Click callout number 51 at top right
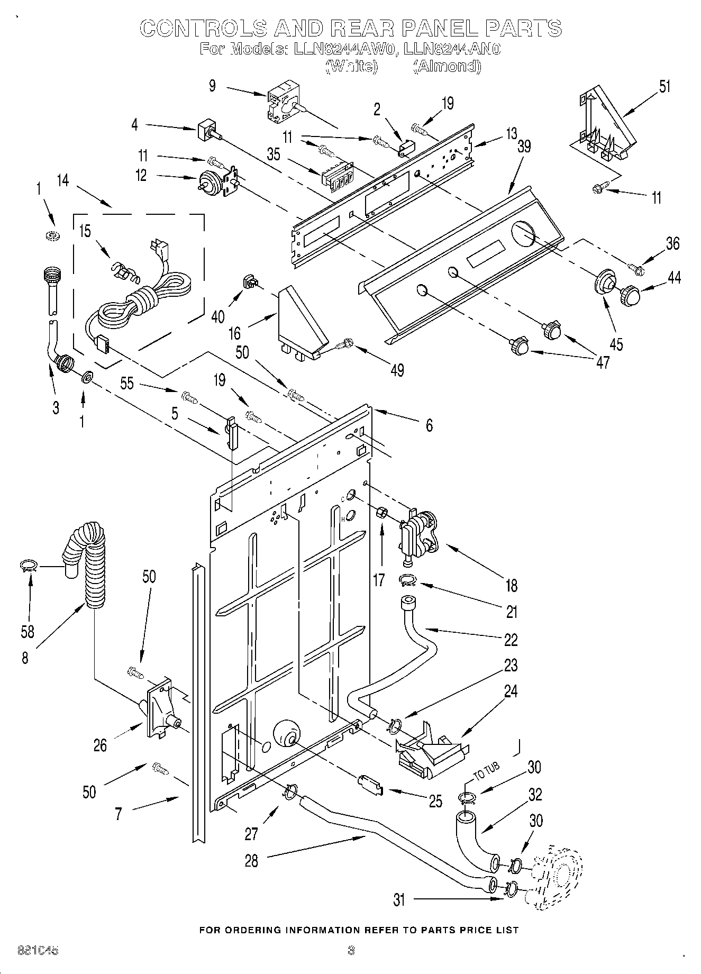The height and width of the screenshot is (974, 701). click(x=664, y=86)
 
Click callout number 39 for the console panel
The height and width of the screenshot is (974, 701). click(x=524, y=147)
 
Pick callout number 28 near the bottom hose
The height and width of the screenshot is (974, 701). click(x=251, y=861)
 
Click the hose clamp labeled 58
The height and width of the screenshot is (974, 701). click(x=28, y=567)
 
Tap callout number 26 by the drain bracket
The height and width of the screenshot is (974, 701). click(x=100, y=746)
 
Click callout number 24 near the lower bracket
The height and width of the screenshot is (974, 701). click(x=511, y=691)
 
